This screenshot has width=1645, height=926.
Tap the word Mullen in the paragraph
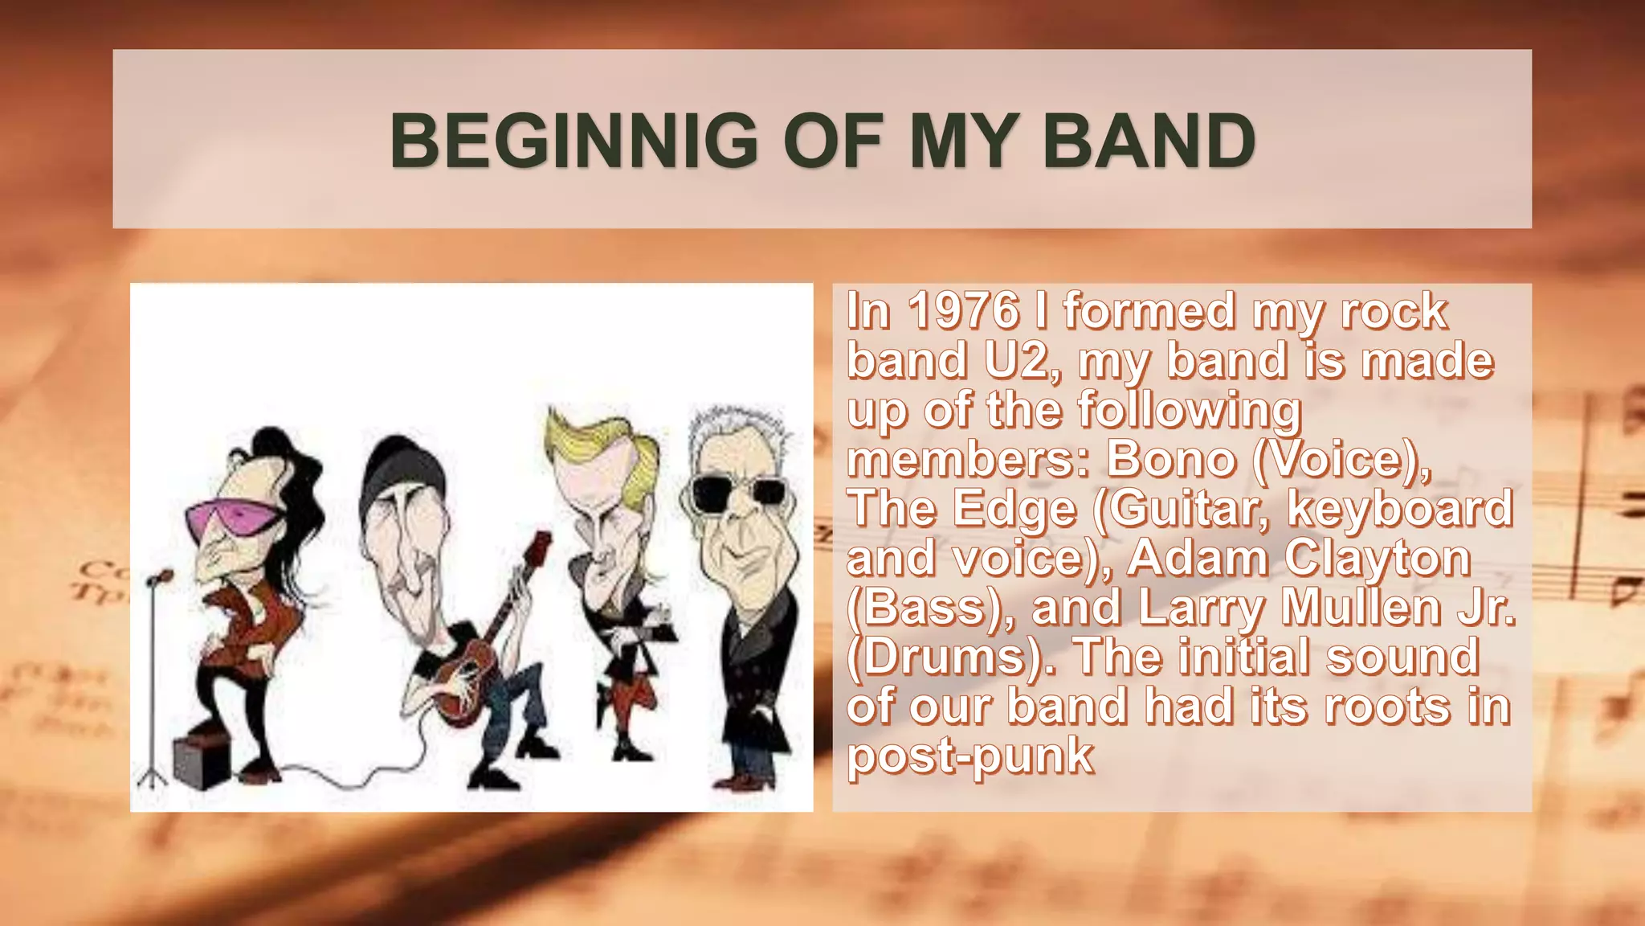[x=1361, y=608]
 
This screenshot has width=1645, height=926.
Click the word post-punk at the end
[x=970, y=757]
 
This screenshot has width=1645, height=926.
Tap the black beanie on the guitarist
[x=402, y=470]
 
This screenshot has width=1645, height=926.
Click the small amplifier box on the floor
[x=201, y=760]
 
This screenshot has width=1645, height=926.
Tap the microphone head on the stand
[x=161, y=577]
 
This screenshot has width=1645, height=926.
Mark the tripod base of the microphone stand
[x=152, y=776]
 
